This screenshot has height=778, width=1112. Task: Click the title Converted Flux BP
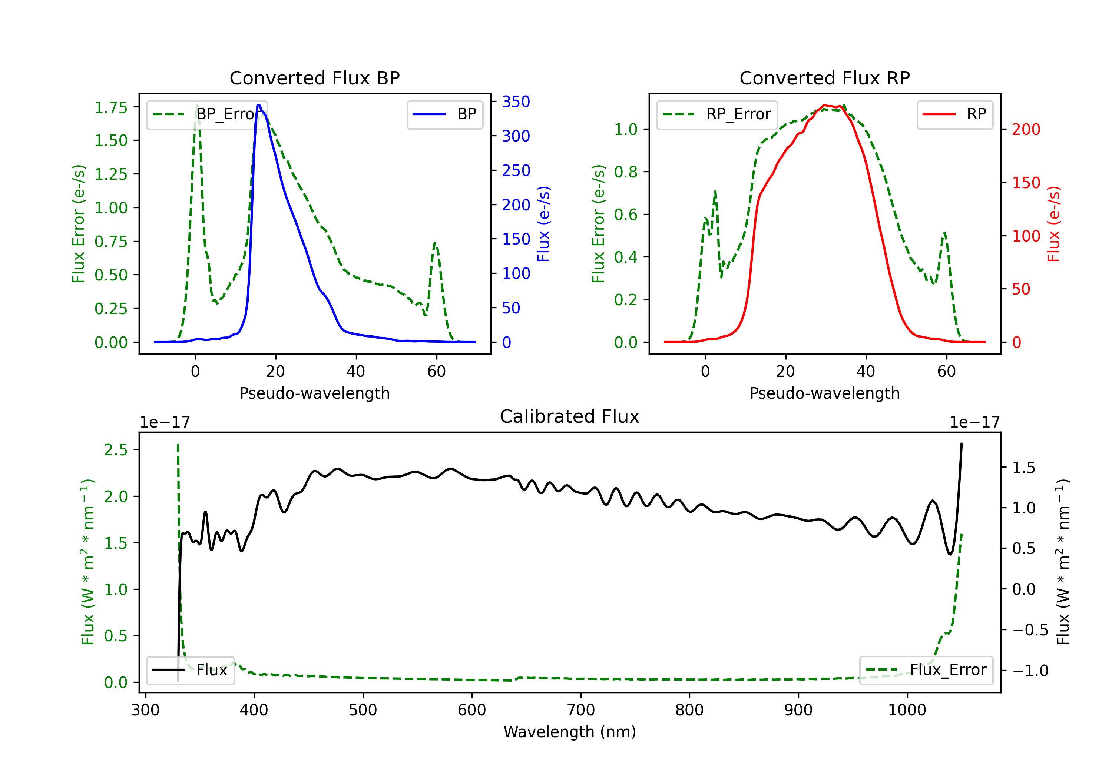pos(315,78)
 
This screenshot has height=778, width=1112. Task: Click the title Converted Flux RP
pos(825,78)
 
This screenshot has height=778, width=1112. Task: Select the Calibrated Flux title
pos(570,416)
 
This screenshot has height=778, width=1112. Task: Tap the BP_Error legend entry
pos(207,114)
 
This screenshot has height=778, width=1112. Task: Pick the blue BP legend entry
pos(444,114)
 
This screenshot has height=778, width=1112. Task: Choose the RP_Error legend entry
pos(717,114)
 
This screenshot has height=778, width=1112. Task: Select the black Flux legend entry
pos(190,670)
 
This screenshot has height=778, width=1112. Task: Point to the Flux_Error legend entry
pos(926,670)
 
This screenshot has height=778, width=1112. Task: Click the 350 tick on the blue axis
pos(516,102)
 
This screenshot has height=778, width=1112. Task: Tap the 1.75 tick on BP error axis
pos(111,107)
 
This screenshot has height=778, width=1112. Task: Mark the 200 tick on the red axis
pos(1026,129)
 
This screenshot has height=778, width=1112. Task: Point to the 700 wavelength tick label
pos(581,710)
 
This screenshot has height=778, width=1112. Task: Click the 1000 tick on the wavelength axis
pos(907,710)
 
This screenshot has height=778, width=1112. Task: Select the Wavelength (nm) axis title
pos(570,732)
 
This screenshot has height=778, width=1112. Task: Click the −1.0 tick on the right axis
pos(1030,671)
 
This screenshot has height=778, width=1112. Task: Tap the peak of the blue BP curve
pos(259,105)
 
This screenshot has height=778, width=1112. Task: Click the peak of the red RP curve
pos(824,105)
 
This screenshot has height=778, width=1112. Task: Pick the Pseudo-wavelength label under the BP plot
pos(315,393)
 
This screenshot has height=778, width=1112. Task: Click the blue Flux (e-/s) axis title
pos(544,224)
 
